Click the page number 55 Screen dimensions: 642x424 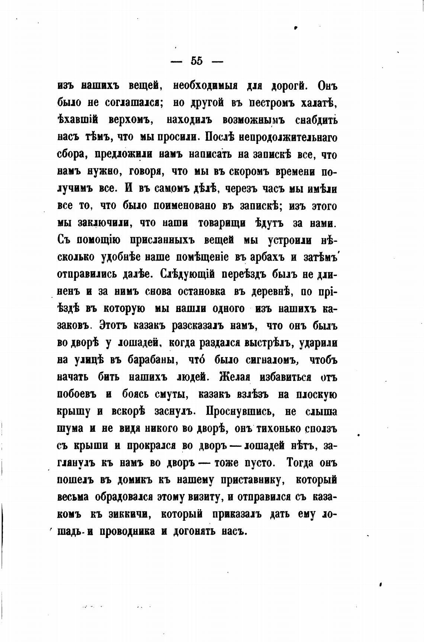click(x=197, y=61)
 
